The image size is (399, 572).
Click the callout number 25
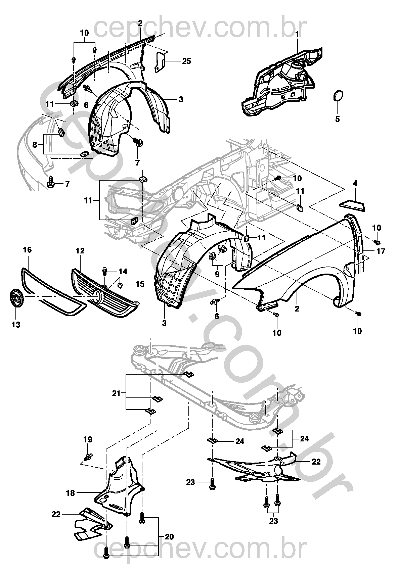[186, 61]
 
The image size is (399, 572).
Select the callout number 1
[297, 34]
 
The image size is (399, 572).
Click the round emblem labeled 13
[16, 298]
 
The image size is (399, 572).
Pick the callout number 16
[27, 250]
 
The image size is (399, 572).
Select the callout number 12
[80, 251]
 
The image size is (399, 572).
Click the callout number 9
[217, 274]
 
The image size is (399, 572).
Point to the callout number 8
[35, 145]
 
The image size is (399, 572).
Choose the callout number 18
[71, 493]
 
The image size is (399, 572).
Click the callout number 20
[169, 537]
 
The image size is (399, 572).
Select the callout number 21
[116, 393]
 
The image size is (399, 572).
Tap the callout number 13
[16, 325]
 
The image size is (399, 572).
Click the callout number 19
[88, 440]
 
